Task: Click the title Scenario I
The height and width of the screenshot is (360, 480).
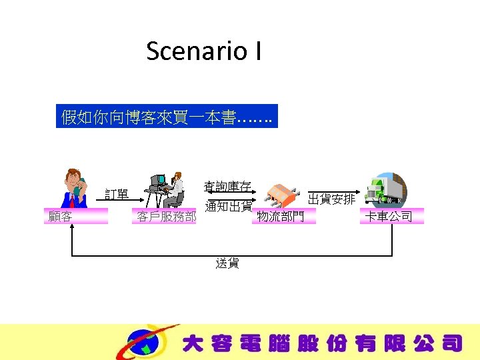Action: [203, 51]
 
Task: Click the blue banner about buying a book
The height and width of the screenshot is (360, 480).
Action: [166, 118]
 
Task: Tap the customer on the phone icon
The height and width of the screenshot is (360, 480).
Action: [74, 189]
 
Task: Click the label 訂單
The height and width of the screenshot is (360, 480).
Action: [117, 195]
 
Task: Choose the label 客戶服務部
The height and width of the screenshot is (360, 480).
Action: [167, 216]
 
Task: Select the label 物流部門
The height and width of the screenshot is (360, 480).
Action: [280, 216]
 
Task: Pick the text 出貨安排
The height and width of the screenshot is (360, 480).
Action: [331, 199]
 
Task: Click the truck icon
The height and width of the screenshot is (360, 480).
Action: [386, 190]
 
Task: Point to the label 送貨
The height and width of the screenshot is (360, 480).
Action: [227, 263]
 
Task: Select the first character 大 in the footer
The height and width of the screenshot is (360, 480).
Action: [193, 343]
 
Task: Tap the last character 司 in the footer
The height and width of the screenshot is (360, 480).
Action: [451, 343]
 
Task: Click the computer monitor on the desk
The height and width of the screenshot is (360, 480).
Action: [157, 181]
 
